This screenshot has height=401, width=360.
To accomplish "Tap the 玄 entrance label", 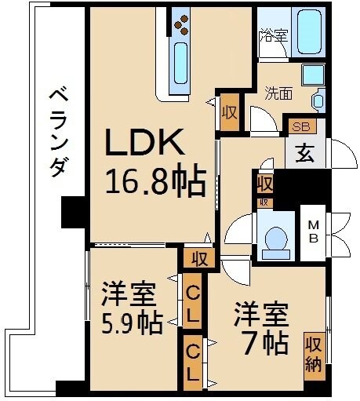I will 304,153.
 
